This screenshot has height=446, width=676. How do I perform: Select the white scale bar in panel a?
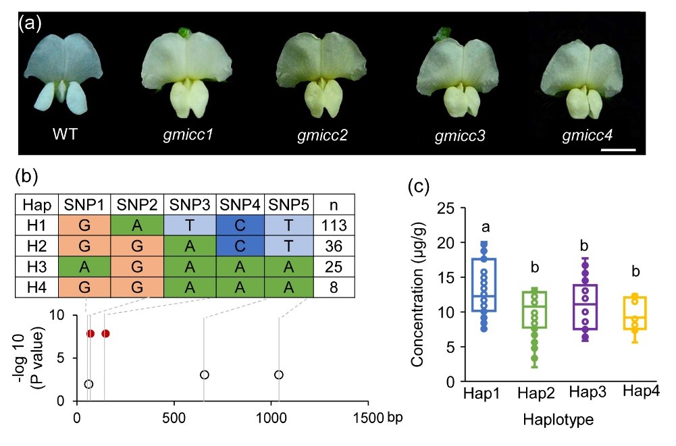pos(618,149)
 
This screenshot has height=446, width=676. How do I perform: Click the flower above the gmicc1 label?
pos(187,75)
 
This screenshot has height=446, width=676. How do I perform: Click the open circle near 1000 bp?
pos(279,374)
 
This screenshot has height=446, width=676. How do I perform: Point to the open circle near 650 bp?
pos(204,374)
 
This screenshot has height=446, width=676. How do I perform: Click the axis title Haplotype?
pos(557,420)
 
